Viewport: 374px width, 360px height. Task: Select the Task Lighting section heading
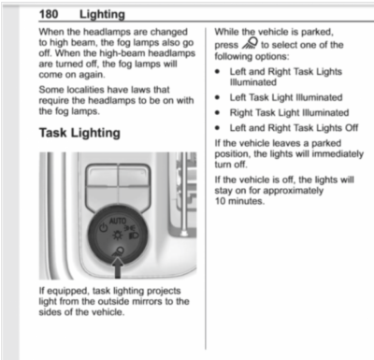tap(79, 133)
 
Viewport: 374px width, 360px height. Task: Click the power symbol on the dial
tap(100, 227)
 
